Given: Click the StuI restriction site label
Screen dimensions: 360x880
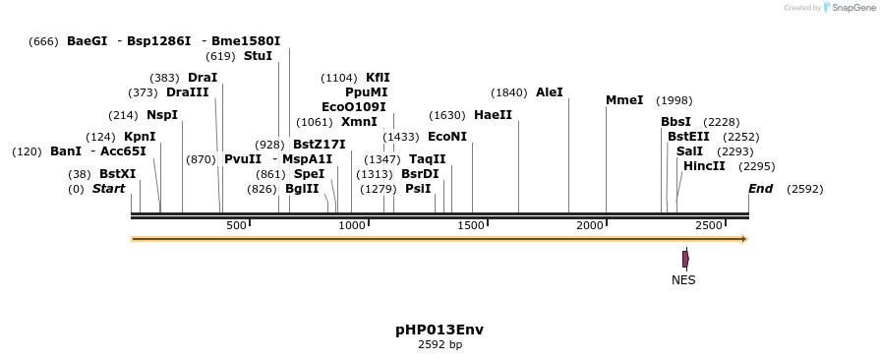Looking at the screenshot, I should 259,56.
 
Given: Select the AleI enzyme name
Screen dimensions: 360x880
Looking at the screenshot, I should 550,92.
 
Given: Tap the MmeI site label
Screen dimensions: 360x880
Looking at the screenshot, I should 624,100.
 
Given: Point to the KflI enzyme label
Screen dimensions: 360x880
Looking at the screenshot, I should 379,78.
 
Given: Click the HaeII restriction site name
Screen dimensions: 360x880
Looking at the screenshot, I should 493,115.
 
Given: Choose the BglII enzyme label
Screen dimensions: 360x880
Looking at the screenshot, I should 302,189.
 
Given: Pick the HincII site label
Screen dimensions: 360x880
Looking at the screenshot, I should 704,166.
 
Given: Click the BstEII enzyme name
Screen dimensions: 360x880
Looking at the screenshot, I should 688,137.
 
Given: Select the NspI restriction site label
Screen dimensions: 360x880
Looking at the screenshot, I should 162,115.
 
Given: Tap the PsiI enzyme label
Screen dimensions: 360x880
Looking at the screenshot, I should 418,189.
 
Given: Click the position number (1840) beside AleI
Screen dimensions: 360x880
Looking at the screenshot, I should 509,92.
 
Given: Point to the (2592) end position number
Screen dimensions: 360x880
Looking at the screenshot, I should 805,189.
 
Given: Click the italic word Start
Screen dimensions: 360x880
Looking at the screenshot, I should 109,189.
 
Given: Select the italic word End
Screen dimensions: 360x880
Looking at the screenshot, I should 761,189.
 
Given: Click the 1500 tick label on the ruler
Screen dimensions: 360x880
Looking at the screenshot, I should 472,226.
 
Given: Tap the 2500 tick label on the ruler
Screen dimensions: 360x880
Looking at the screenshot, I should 709,226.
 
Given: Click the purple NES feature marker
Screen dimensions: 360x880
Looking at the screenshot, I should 685,259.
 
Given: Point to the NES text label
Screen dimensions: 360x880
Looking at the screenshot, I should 683,280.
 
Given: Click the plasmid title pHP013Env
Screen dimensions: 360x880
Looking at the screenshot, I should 440,330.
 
